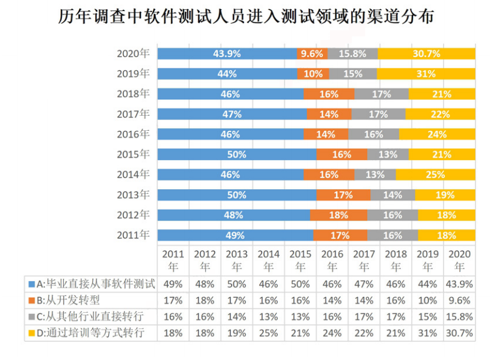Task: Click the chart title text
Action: [246, 16]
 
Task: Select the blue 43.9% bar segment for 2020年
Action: [227, 53]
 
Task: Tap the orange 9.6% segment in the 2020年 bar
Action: [312, 53]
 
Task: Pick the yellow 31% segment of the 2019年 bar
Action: [425, 73]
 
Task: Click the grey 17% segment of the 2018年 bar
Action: [381, 94]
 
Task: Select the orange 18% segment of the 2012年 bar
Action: [339, 215]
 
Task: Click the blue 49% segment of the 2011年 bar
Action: [235, 235]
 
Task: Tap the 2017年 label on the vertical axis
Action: [133, 114]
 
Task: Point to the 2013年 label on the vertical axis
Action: [133, 195]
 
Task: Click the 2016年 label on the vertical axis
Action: [133, 134]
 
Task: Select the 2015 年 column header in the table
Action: [300, 260]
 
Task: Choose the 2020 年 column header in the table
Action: [459, 260]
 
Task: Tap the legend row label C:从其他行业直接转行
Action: [92, 316]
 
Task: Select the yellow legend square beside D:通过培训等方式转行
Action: [31, 332]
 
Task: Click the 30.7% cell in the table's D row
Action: [459, 332]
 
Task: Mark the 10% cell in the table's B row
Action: [428, 299]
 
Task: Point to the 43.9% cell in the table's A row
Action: [459, 283]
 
